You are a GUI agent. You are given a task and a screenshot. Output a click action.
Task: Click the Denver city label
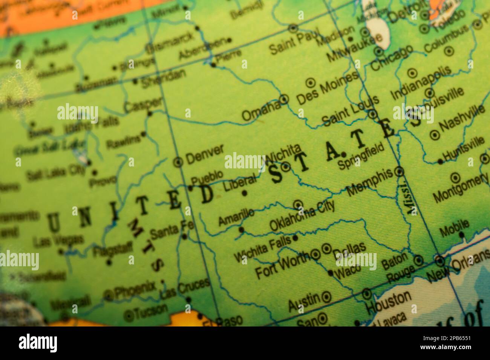coord(205,154)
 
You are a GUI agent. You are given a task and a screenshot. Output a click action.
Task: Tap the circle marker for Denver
coord(178,162)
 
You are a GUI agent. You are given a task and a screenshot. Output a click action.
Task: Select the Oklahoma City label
coord(302,215)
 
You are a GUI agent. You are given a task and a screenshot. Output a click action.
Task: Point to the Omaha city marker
coord(285,99)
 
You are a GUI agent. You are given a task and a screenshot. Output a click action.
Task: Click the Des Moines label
coord(327,88)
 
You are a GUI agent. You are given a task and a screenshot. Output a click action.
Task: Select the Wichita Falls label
coord(262,248)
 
